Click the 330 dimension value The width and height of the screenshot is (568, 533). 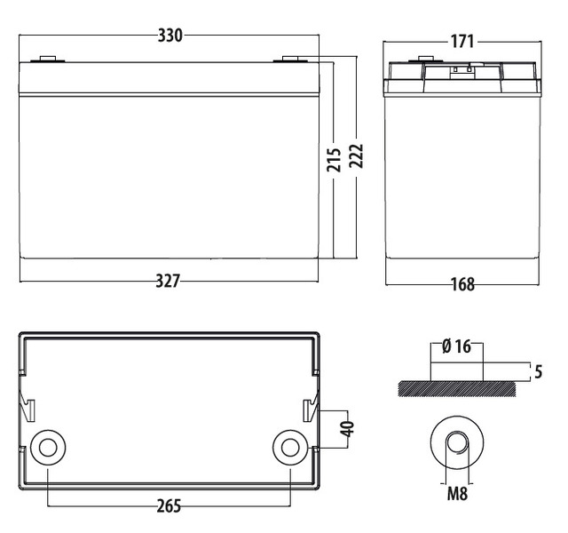point(170,36)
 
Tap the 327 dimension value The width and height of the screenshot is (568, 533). point(168,281)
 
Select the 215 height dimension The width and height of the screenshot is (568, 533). point(334,160)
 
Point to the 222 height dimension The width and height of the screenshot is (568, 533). point(356,156)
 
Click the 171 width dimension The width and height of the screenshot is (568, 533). point(462,42)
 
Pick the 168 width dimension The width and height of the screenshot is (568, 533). point(463,284)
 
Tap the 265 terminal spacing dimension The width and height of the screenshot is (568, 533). point(169,505)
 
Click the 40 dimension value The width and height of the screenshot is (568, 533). point(347,429)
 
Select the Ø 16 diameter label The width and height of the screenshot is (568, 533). point(457,346)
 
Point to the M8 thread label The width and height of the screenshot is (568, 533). point(458,494)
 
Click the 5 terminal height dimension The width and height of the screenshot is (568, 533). point(539,371)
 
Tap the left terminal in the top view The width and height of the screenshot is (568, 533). point(48,448)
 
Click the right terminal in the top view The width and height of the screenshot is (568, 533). point(290,448)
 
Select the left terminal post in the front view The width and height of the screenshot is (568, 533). point(48,60)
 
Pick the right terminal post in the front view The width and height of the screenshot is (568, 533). point(290,60)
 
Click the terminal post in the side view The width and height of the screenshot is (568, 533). point(426,60)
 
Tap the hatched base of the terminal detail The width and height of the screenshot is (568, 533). point(457,389)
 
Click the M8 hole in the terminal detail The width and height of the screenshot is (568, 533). point(457,442)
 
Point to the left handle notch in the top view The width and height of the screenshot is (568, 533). point(28,410)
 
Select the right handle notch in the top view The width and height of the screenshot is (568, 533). point(310,410)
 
